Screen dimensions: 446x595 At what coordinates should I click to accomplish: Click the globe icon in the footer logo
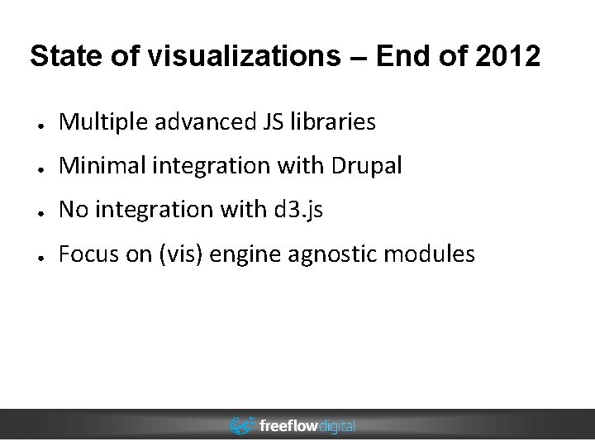242,426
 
